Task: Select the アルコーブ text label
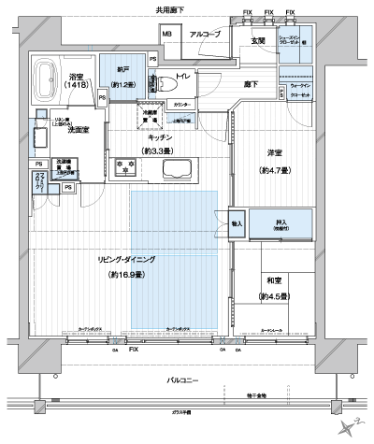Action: pyautogui.click(x=205, y=35)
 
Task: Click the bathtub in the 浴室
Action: pyautogui.click(x=46, y=76)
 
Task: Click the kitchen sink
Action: pyautogui.click(x=176, y=169)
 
